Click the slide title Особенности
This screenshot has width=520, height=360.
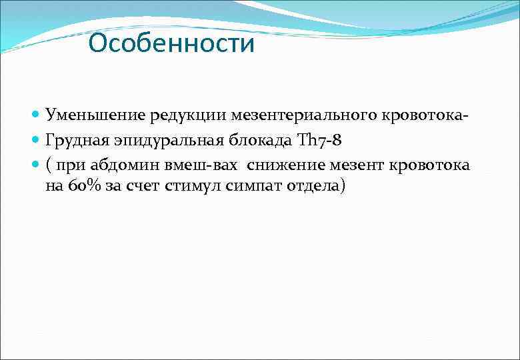point(171,44)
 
